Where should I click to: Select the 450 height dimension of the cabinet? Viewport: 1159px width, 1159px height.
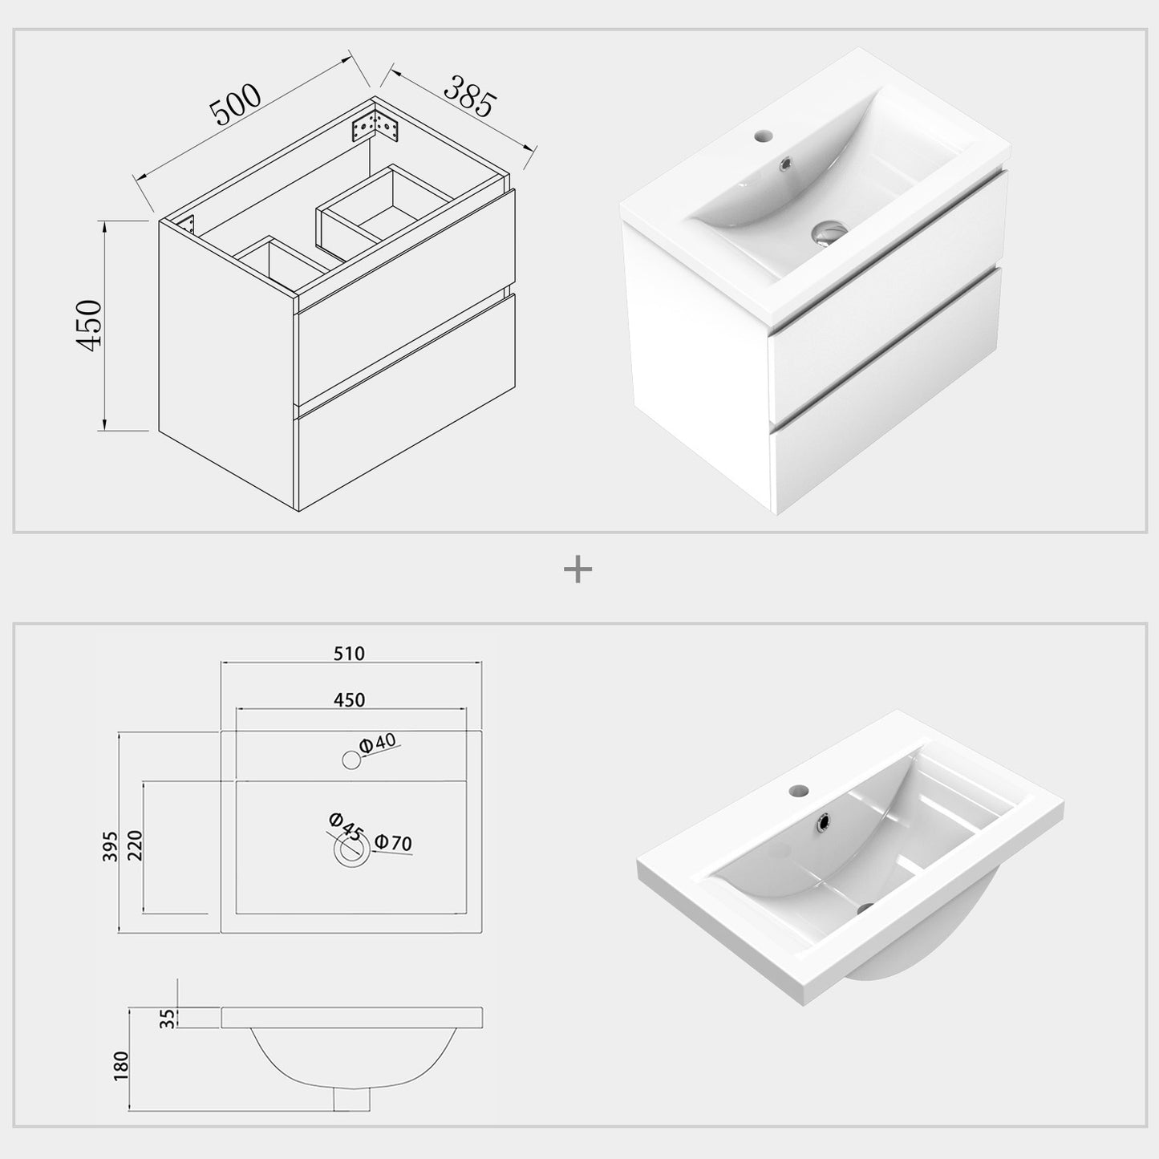(89, 324)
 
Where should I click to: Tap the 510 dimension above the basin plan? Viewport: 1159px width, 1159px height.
(349, 654)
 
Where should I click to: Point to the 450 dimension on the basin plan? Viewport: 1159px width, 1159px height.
(349, 699)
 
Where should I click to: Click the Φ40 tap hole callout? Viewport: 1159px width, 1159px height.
(378, 744)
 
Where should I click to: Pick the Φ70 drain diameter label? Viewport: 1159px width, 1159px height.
(393, 843)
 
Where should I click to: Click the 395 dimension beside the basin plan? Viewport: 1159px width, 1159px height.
(111, 846)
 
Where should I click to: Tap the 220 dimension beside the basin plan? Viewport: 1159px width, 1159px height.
(134, 846)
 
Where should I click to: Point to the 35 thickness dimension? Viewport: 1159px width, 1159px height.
(167, 1018)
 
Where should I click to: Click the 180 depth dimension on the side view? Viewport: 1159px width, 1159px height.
(121, 1067)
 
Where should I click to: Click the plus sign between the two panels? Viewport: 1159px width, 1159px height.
(577, 570)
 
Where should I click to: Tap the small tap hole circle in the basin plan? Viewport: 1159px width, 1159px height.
(351, 759)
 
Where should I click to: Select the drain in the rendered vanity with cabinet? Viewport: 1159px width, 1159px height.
(825, 234)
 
